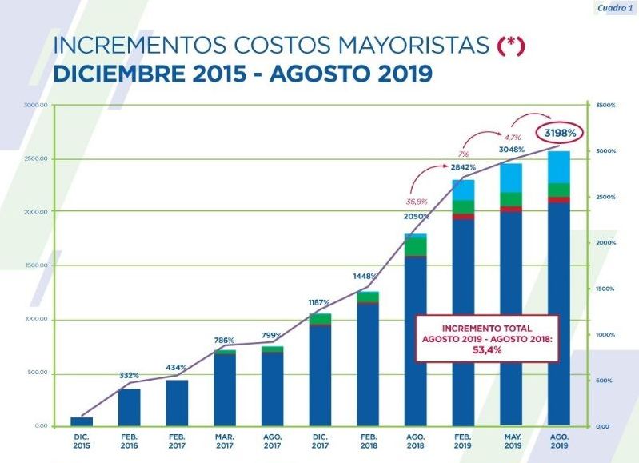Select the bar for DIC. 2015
click(82, 421)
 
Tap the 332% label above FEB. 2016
click(130, 375)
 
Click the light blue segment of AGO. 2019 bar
click(559, 166)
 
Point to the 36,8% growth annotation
click(416, 201)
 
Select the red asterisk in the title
click(510, 46)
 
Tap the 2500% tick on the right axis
click(605, 197)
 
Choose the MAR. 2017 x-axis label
click(225, 440)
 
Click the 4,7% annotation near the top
click(512, 137)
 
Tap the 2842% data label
click(464, 167)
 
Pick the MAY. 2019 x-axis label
click(511, 440)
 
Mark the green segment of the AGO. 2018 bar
click(416, 246)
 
